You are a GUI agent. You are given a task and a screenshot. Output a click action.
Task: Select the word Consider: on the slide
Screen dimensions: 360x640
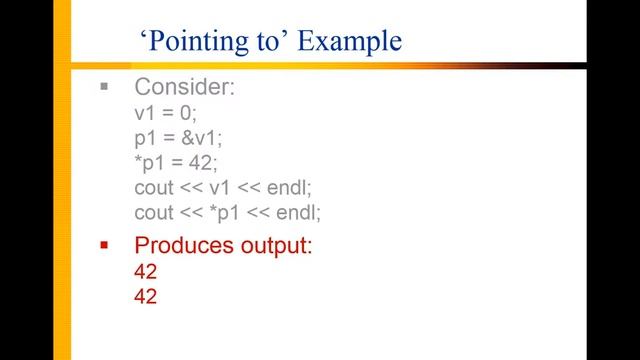tap(185, 87)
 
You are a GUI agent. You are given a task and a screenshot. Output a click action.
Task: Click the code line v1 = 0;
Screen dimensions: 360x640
tap(166, 113)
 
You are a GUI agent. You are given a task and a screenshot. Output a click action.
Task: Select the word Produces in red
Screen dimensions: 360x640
tap(180, 245)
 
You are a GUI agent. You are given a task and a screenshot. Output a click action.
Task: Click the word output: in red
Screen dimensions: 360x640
tap(271, 245)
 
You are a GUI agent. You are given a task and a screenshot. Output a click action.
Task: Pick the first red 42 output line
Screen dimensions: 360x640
tap(146, 271)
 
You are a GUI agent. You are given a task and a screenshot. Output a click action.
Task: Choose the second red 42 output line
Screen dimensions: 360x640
tap(146, 296)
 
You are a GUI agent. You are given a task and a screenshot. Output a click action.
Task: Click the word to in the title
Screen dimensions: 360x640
tap(260, 42)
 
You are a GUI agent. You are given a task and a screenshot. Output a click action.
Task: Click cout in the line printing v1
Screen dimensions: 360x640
tap(154, 188)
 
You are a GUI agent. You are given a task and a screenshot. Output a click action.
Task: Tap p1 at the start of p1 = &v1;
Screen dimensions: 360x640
tap(146, 138)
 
